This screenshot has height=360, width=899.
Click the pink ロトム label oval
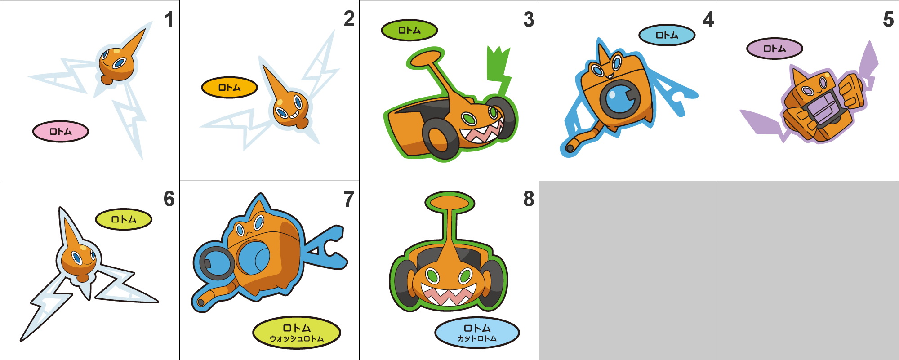(x=61, y=132)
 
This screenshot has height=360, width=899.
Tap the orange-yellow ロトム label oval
(x=229, y=88)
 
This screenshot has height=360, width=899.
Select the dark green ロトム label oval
(x=409, y=31)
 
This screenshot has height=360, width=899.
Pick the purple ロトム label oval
(x=774, y=49)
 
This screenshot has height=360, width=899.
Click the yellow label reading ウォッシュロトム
(x=297, y=333)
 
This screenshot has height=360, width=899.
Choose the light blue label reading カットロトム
(x=477, y=333)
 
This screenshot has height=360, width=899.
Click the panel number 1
(x=169, y=20)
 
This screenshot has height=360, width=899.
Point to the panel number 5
(x=888, y=20)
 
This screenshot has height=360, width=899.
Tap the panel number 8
(x=529, y=199)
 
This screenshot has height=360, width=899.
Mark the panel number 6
(x=169, y=199)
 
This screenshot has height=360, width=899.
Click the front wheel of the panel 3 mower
(x=440, y=139)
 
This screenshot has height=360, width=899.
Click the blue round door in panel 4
(x=620, y=99)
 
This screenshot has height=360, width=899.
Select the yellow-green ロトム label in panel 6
(x=124, y=219)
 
